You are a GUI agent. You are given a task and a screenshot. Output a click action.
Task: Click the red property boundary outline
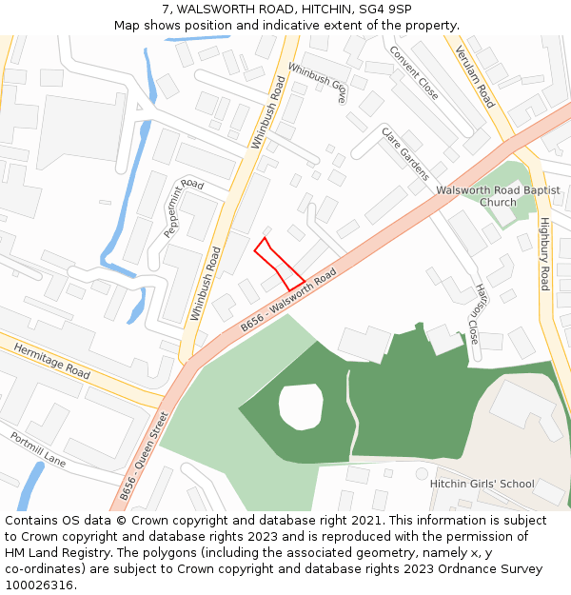279,264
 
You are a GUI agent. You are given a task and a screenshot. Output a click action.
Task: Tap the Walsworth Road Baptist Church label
498,196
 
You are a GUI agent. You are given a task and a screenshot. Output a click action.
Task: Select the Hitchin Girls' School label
482,484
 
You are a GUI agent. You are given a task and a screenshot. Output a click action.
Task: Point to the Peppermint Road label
184,208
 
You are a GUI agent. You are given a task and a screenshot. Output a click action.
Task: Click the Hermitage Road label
52,362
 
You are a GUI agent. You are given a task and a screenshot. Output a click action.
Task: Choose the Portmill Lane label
38,449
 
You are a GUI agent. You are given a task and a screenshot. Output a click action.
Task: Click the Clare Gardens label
405,152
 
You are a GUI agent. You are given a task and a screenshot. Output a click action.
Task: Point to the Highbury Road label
544,253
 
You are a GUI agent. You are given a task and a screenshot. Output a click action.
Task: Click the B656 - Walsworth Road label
288,299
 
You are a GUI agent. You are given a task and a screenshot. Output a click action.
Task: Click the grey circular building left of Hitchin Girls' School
422,473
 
